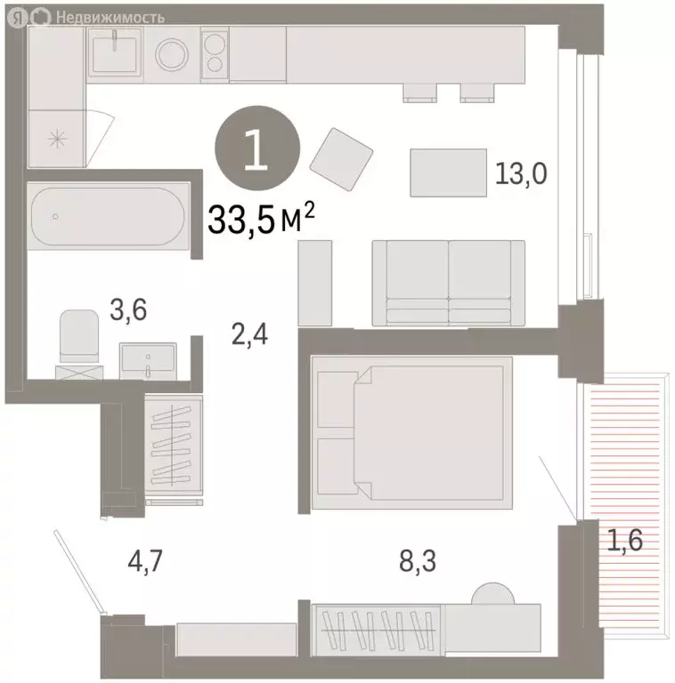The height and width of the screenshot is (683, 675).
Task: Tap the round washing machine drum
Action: [173, 53]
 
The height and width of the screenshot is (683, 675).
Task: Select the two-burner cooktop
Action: [215, 53]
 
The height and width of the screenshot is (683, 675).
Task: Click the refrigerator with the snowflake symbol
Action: [58, 138]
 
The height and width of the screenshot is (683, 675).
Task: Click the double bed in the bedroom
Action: [412, 433]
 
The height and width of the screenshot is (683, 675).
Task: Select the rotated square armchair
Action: [341, 161]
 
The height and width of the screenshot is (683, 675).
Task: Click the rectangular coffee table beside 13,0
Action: [448, 173]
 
